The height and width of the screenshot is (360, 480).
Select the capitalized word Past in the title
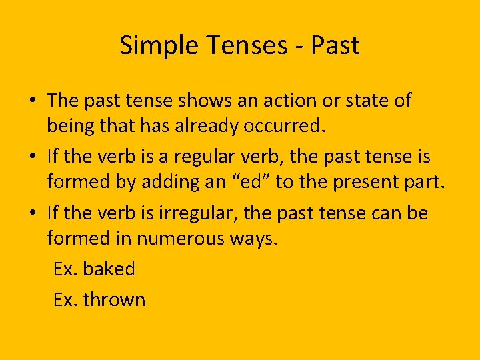tap(335, 45)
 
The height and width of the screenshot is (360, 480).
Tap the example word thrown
tap(114, 299)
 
